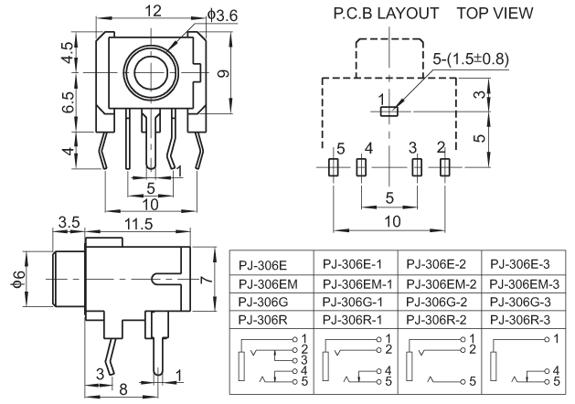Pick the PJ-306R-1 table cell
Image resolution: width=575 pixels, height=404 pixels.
coord(352,319)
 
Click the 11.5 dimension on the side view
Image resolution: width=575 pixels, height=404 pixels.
coord(138,223)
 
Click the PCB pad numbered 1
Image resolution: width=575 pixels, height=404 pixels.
coord(389,111)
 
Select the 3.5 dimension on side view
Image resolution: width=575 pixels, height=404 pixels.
coord(69,222)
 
